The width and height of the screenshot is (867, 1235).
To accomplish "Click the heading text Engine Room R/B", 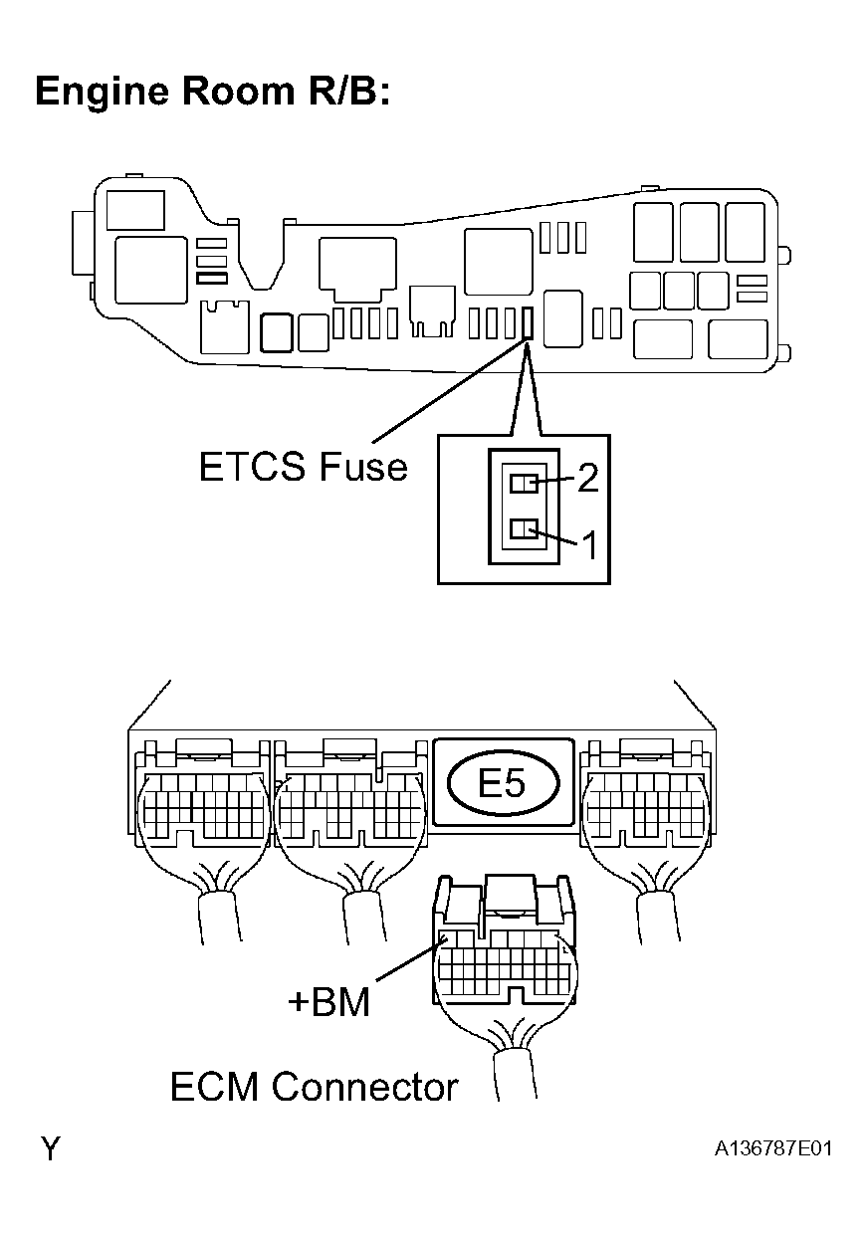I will [x=211, y=92].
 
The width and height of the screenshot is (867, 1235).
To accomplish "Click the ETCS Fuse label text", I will [x=303, y=466].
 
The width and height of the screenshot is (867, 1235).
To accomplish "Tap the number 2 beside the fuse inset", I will [x=588, y=479].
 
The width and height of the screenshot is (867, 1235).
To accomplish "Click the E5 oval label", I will [x=502, y=783].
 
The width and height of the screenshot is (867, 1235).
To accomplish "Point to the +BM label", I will [x=328, y=1001].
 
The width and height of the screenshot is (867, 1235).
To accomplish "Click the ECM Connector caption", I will [x=314, y=1086].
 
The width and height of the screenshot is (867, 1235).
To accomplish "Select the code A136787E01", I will [x=772, y=1148].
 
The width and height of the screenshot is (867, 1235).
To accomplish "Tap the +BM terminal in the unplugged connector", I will [x=450, y=937].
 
